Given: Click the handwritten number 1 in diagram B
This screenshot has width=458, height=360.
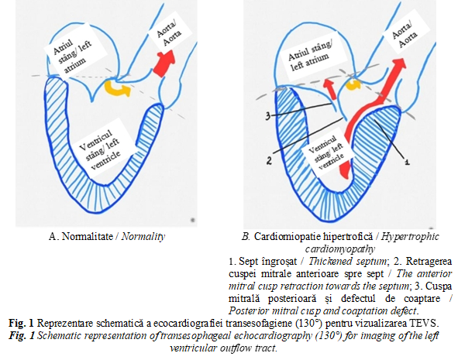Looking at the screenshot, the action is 406,161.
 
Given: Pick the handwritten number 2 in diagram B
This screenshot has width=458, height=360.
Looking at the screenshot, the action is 269,159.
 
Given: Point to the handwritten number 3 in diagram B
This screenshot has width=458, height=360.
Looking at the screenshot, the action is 269,116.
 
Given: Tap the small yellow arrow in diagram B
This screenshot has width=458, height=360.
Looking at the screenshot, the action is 353,85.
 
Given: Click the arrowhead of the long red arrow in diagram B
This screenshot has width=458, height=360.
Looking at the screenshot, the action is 399,63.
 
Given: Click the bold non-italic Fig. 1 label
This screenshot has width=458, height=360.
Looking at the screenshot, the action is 22,324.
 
